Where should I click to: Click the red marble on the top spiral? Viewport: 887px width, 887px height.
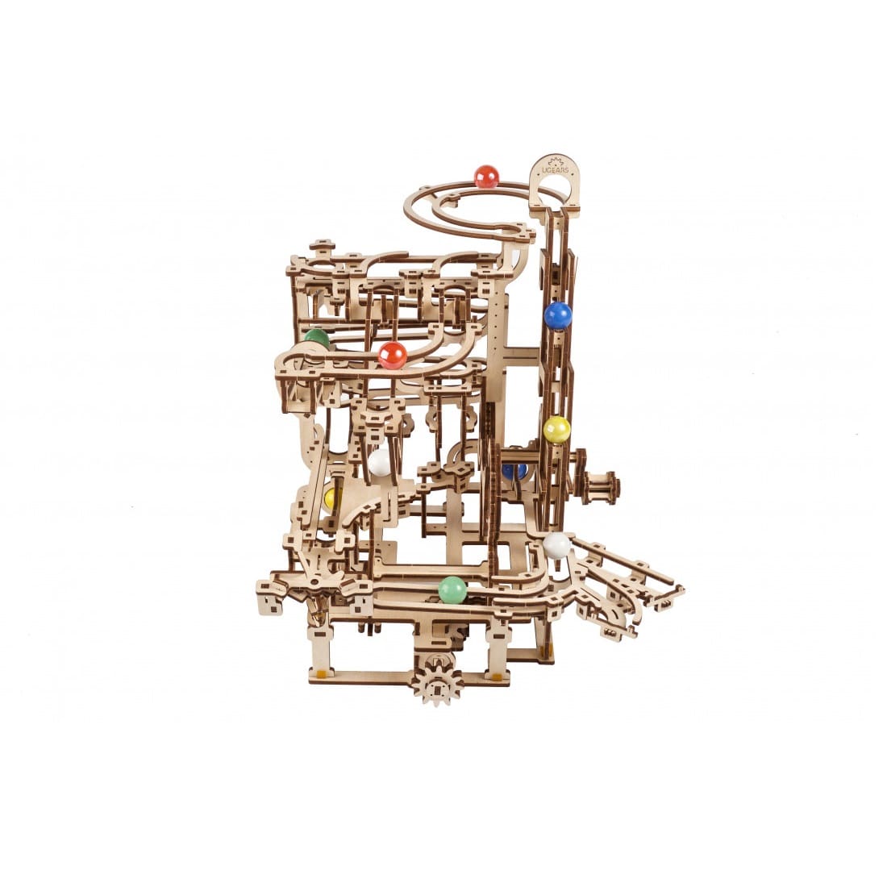(486, 177)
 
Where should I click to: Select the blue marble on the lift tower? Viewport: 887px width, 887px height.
(557, 315)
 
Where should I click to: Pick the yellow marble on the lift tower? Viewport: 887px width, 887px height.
(556, 429)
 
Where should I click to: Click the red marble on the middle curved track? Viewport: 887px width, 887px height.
(393, 355)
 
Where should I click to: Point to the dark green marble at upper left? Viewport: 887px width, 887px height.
(317, 337)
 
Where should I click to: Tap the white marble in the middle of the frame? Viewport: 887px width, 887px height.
(379, 462)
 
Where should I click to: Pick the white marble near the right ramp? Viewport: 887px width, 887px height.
(556, 545)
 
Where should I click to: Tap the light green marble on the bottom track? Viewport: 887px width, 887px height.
(452, 589)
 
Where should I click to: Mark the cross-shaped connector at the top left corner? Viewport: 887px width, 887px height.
(322, 245)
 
